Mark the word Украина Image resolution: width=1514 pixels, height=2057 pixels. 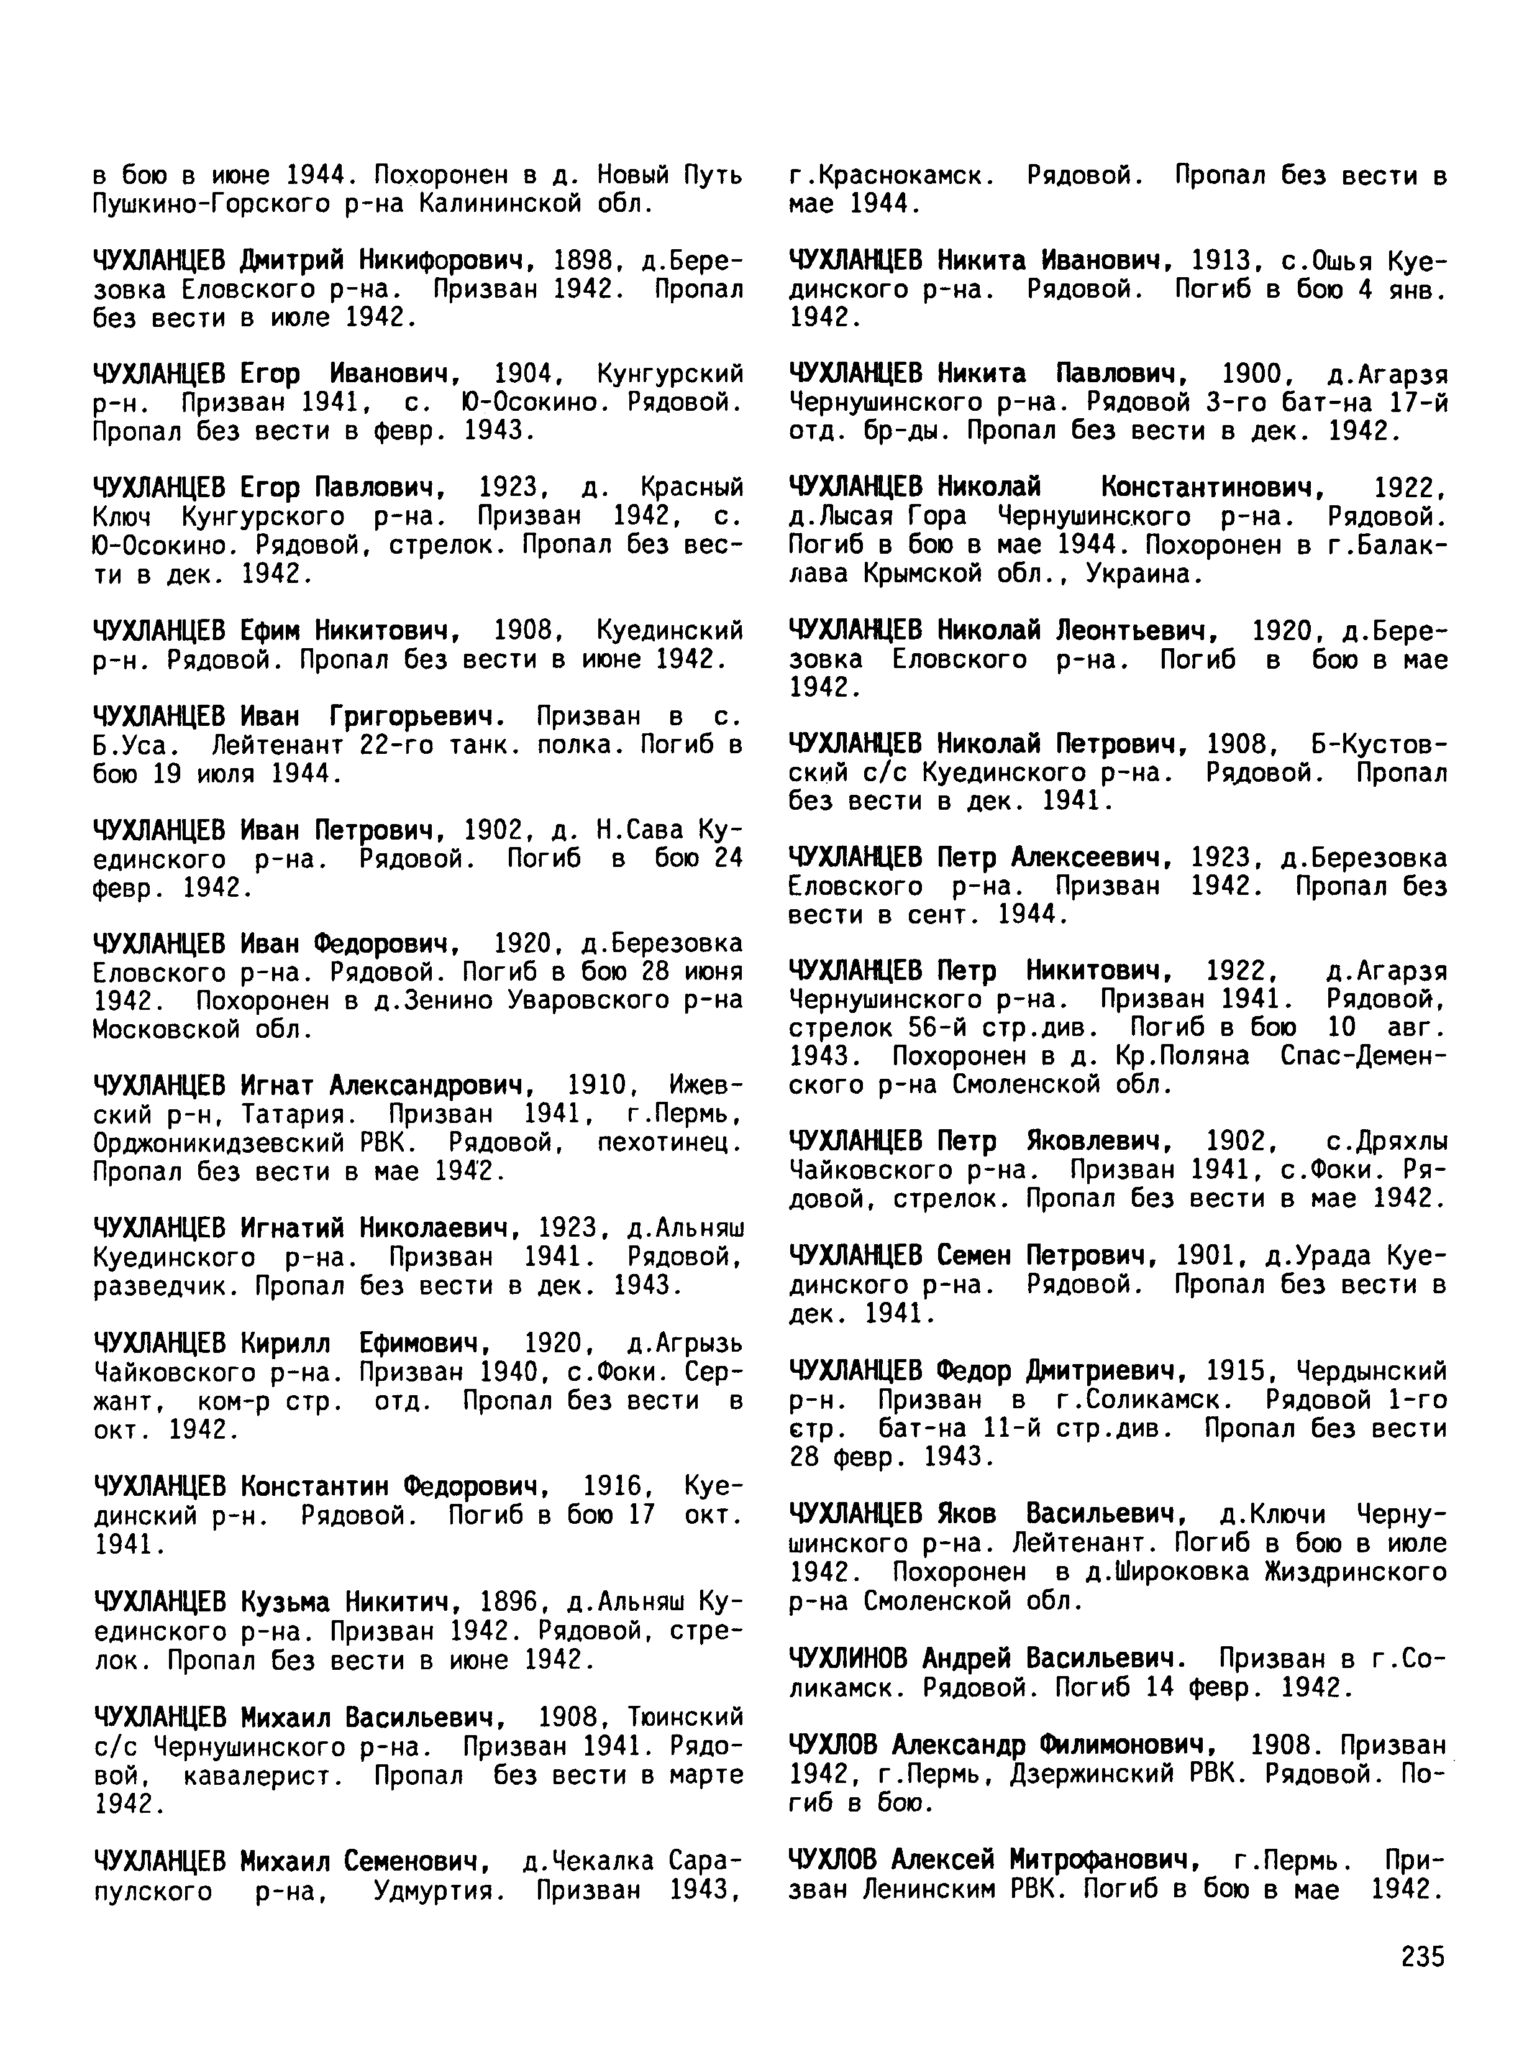point(1138,574)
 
